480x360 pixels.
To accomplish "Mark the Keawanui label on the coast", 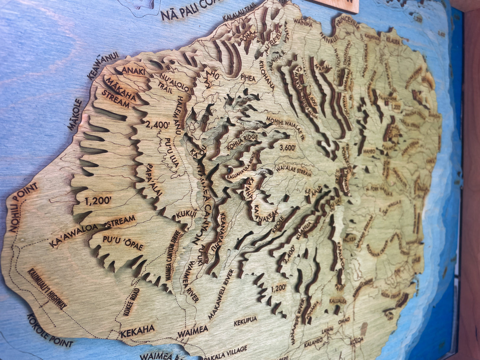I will tap(103, 66).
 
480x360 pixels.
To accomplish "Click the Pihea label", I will tap(248, 79).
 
